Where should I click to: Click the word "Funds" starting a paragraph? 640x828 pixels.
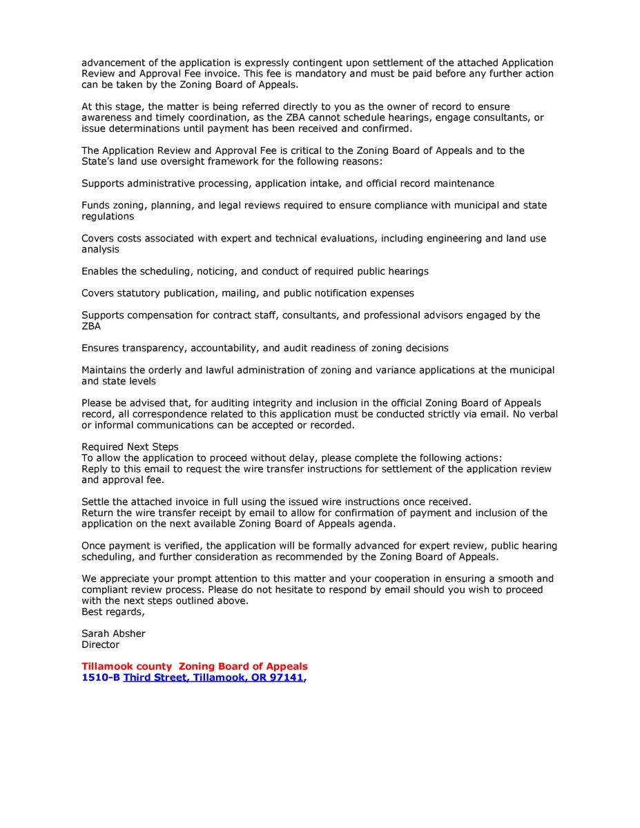pyautogui.click(x=96, y=206)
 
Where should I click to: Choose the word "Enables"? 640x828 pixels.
pyautogui.click(x=99, y=271)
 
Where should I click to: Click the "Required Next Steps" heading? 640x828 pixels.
pyautogui.click(x=130, y=447)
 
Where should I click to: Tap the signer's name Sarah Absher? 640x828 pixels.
pyautogui.click(x=113, y=633)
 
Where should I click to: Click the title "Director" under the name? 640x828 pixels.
pyautogui.click(x=101, y=644)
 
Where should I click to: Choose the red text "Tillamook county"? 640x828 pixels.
pyautogui.click(x=126, y=667)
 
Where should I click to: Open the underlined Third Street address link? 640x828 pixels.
pyautogui.click(x=213, y=678)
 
